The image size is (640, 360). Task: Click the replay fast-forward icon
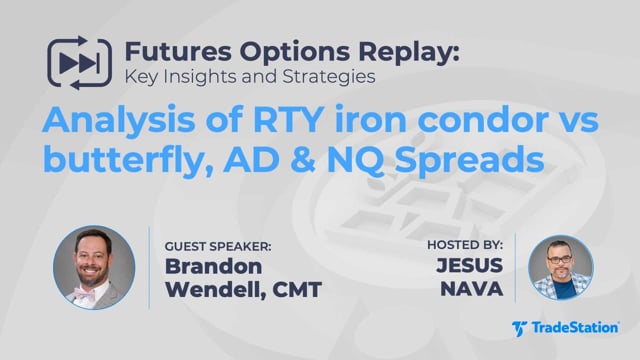(79, 63)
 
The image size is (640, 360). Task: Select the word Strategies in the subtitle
(329, 77)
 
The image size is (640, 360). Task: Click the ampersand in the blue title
(302, 160)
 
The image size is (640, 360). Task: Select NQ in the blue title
(355, 160)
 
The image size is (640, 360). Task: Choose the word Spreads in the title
(469, 161)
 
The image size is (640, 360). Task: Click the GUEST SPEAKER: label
(218, 247)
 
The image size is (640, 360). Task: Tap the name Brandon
(213, 267)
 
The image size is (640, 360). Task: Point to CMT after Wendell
(297, 290)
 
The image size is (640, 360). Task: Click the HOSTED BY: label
(465, 245)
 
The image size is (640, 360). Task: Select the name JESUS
(470, 265)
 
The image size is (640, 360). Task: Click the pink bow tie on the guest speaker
(84, 293)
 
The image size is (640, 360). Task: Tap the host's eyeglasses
(560, 259)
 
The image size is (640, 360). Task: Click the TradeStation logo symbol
(520, 329)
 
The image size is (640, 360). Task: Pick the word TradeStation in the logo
(575, 328)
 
